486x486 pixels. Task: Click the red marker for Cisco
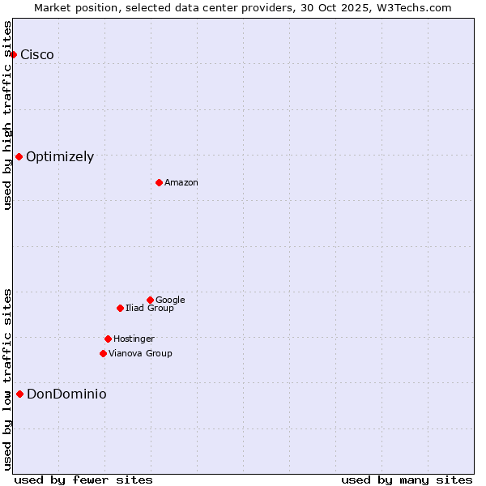14,54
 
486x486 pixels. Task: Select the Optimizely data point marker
19,156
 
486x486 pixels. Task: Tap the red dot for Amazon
159,182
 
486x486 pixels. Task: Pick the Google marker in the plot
150,300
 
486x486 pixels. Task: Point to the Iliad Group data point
120,308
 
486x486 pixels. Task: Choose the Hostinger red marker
108,339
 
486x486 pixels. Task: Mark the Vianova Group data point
103,353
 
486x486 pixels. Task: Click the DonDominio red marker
19,394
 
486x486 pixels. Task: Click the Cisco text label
37,55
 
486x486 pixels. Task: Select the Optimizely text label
60,157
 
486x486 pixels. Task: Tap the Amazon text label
181,183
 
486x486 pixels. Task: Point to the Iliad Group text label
150,309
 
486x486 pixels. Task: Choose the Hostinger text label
134,339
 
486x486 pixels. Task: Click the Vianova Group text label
140,354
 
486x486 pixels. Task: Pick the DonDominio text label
66,394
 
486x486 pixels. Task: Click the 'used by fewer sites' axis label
83,480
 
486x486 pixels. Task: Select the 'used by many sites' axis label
407,480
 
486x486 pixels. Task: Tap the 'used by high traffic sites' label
8,115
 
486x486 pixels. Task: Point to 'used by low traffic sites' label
8,379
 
